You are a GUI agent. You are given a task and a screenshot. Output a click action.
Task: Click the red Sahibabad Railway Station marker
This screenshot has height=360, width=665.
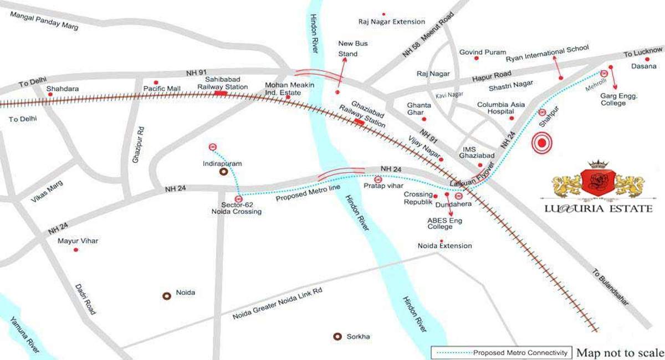221,94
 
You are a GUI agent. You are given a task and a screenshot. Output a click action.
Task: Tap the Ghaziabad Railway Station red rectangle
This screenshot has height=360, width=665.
359,121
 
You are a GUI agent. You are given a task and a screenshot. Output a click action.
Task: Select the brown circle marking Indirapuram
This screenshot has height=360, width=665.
223,172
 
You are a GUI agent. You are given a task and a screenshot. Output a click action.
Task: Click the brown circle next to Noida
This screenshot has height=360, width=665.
166,296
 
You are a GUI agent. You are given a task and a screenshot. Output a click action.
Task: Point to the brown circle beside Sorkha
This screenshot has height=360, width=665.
336,336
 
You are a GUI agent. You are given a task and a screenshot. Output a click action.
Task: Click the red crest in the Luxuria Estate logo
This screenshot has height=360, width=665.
598,181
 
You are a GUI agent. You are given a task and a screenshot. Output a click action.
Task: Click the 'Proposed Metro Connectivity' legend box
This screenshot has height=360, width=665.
502,353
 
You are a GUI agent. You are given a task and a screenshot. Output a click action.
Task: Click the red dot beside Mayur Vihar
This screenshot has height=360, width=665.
76,250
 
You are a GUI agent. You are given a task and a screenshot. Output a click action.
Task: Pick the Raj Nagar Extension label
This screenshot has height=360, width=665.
391,22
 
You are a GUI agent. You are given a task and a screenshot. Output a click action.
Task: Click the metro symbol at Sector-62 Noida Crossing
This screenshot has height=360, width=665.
238,198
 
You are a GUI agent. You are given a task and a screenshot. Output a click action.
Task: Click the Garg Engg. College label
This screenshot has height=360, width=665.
620,99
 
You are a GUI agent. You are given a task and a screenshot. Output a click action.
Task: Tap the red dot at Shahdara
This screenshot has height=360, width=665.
50,95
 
